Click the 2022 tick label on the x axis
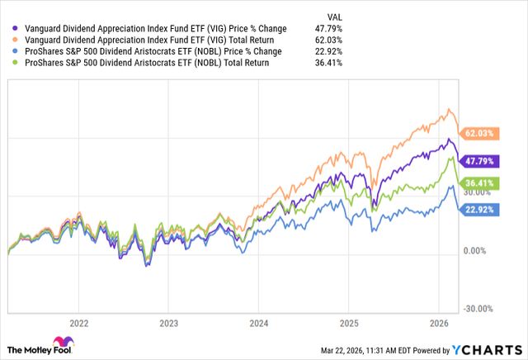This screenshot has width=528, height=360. click(x=79, y=323)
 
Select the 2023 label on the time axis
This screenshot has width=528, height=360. click(x=168, y=323)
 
